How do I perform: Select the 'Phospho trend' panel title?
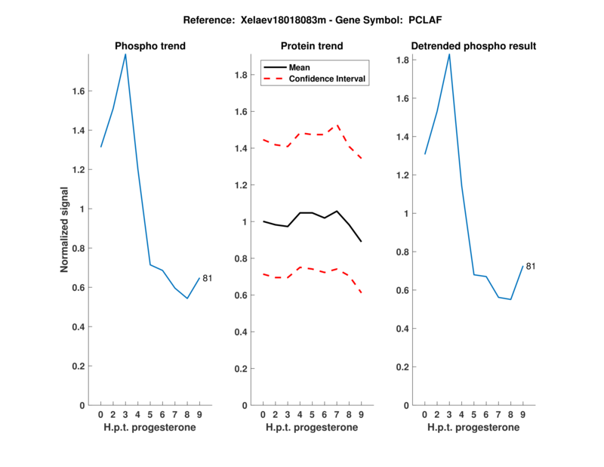[x=149, y=46]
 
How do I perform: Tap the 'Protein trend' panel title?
[x=312, y=46]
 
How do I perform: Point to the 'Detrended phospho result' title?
[x=473, y=46]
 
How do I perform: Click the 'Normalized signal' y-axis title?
[x=65, y=230]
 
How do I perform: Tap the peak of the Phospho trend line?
[x=125, y=54]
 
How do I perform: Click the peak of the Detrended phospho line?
[x=449, y=54]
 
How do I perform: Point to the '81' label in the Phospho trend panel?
[x=207, y=278]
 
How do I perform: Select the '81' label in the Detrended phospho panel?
[x=531, y=266]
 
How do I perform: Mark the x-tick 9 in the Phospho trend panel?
[x=199, y=414]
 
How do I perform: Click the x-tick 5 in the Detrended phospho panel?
[x=474, y=414]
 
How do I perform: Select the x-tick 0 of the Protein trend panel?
[x=263, y=414]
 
